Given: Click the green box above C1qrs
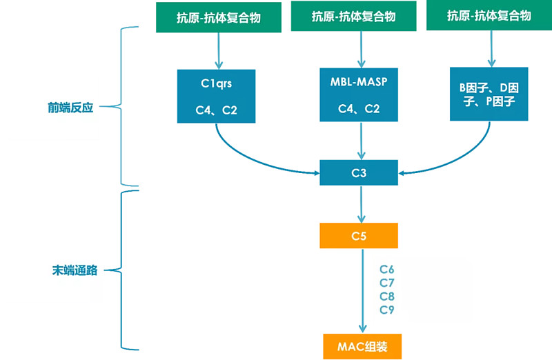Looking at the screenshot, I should (217, 17).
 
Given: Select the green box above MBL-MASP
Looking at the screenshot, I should (353, 17).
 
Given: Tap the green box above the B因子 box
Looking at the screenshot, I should (489, 17).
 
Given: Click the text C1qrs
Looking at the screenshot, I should (217, 84).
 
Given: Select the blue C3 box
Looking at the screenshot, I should (359, 172).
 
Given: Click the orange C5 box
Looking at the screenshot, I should (359, 236).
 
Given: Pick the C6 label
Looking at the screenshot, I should (387, 269).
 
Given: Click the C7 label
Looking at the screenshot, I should (387, 283).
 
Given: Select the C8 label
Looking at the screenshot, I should (387, 296).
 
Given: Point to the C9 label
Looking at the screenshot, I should (387, 310).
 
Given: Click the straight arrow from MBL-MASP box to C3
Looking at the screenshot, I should (359, 141).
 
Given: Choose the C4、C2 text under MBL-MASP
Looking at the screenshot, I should (359, 109).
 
